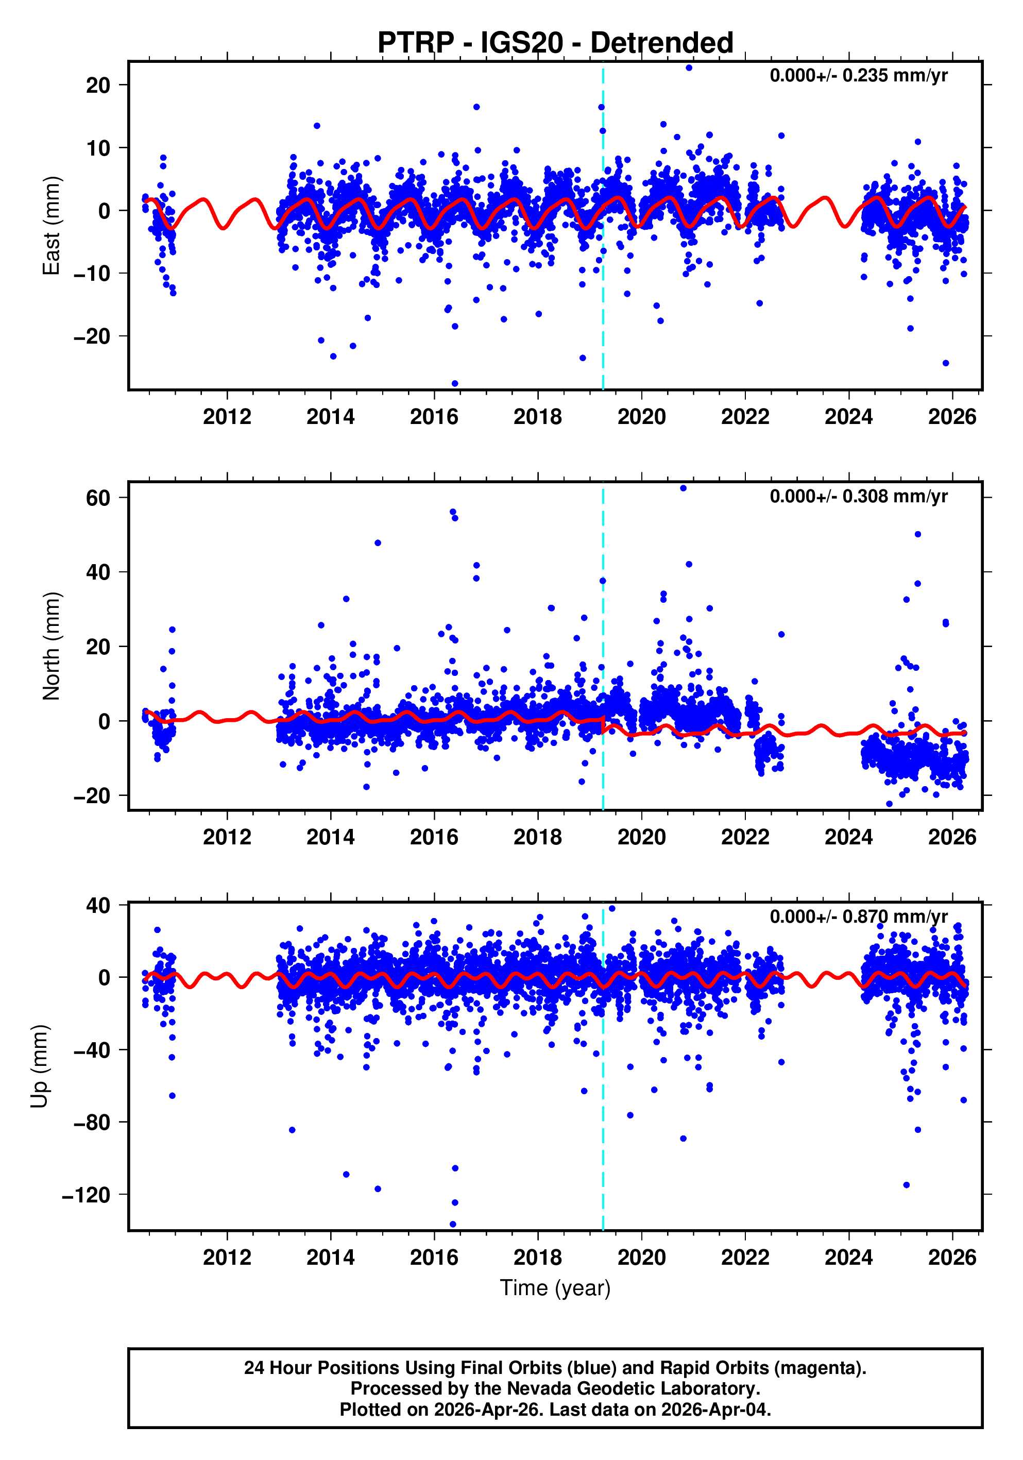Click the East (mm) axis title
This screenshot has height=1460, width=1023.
tap(51, 226)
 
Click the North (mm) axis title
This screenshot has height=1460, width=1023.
tap(51, 646)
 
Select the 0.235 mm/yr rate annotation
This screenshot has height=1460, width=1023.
tap(858, 76)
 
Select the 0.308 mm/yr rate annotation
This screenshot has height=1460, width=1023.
tap(858, 496)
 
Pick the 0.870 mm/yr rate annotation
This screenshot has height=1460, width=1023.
tap(858, 916)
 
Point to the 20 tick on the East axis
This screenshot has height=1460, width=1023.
tap(98, 85)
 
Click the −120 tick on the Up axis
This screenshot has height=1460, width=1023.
tap(86, 1196)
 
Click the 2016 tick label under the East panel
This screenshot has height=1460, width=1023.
tap(434, 417)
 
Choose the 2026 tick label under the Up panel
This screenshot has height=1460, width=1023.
tap(952, 1258)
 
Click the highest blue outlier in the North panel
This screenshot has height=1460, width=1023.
tap(683, 488)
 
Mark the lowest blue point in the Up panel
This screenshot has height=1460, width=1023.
tap(453, 1224)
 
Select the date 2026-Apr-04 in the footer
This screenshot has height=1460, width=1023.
tap(715, 1410)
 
